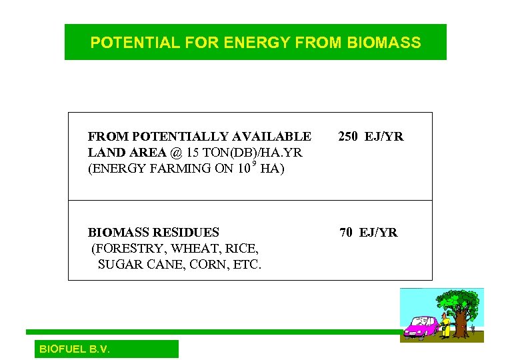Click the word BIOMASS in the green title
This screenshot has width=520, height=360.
pyautogui.click(x=384, y=43)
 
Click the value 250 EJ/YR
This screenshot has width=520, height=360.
pyautogui.click(x=371, y=137)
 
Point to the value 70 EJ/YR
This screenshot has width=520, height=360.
pyautogui.click(x=368, y=233)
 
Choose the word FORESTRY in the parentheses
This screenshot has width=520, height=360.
pyautogui.click(x=129, y=249)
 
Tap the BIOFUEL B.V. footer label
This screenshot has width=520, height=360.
pyautogui.click(x=75, y=349)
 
